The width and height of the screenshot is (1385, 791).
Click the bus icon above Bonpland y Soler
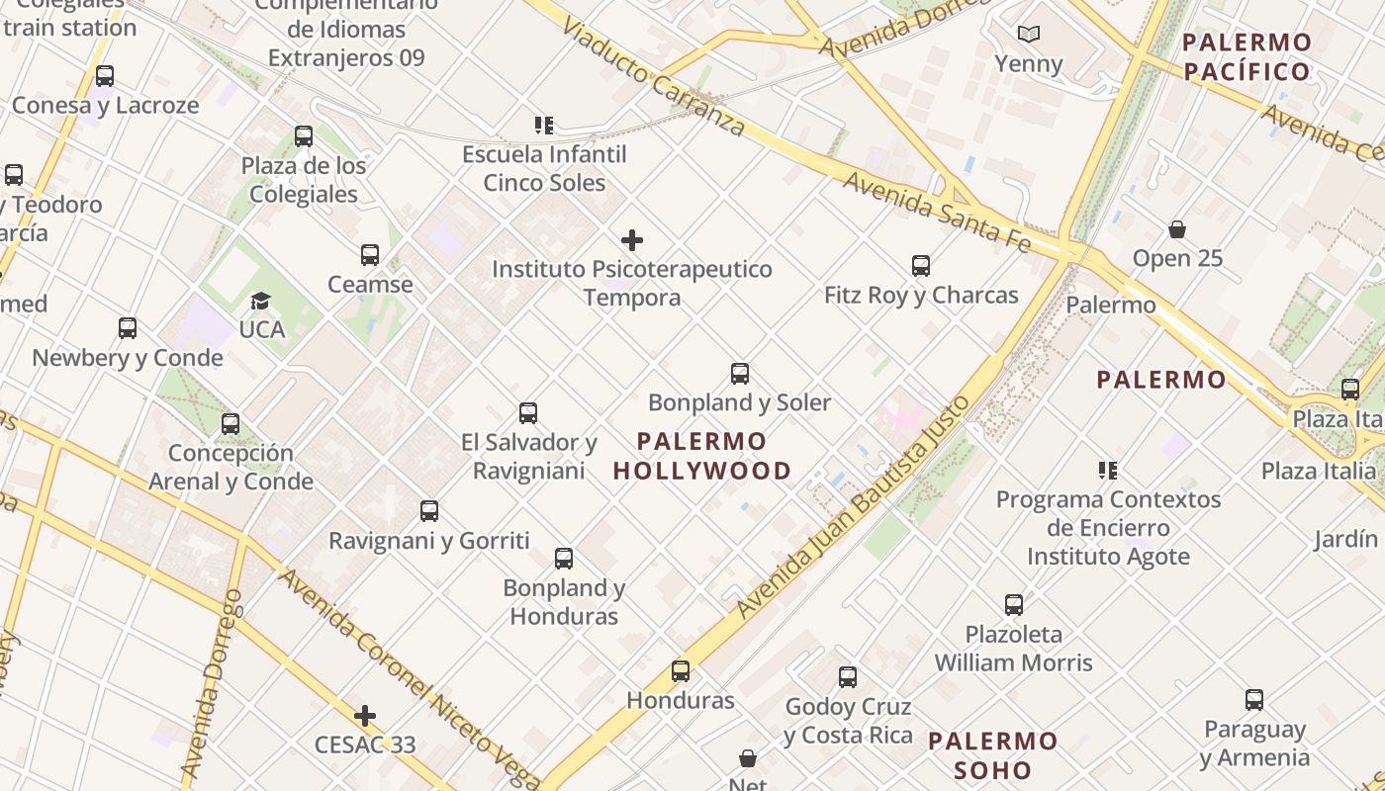coord(740,374)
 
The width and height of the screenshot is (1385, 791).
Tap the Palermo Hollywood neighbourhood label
coord(702,456)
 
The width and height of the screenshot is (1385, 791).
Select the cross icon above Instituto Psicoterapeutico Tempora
coord(632,240)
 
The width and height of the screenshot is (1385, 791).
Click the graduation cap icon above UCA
coord(261,301)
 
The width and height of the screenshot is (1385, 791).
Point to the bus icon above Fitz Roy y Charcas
coord(921,266)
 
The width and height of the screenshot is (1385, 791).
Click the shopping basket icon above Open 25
coord(1177,230)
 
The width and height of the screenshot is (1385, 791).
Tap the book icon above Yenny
coord(1029,35)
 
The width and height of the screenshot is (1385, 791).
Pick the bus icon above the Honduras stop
coord(681,671)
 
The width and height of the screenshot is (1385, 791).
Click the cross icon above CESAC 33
coord(365,716)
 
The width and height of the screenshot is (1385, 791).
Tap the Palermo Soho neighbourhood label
coord(993,755)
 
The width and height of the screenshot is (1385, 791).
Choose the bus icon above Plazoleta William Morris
coord(1014,605)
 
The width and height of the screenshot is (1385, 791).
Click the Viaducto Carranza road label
coord(653,75)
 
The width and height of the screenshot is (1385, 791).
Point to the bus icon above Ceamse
coord(370,255)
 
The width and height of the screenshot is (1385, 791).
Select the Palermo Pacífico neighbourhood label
coord(1246,56)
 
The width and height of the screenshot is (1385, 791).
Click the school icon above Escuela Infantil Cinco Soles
coord(544,126)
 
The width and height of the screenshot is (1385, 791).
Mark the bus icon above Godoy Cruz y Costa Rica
coord(848,677)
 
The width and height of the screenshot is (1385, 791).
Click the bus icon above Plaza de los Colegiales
coord(304,136)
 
